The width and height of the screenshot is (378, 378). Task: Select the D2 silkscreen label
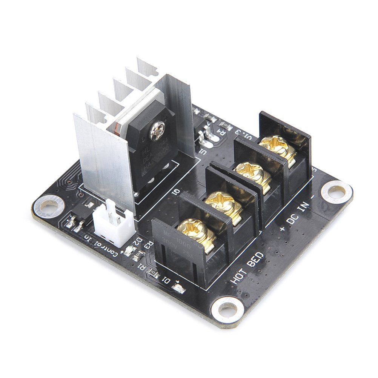coord(139,241)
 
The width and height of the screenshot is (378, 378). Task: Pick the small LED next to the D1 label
coord(176,289)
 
